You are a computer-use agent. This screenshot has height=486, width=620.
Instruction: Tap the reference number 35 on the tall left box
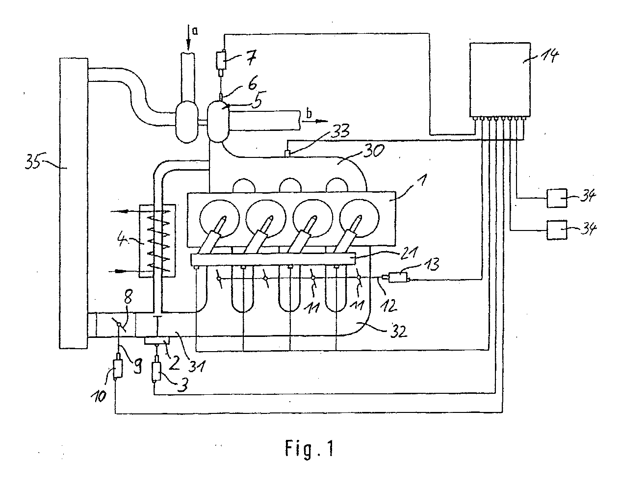point(32,161)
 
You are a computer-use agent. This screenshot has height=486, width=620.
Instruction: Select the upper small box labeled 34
point(557,198)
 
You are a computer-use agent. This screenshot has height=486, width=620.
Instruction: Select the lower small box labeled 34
point(557,230)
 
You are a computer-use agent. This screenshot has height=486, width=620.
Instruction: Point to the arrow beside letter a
point(188,38)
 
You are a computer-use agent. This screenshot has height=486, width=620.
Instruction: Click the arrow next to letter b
point(315,121)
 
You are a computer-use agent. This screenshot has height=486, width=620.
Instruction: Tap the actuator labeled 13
point(396,278)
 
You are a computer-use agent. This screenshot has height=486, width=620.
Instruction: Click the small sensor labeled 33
point(287,153)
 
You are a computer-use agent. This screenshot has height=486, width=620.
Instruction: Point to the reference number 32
point(398,331)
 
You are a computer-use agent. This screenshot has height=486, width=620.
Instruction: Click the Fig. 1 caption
point(310,448)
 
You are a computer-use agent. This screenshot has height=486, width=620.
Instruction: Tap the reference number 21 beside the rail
point(409,252)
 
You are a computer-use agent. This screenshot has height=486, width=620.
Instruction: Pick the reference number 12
point(389,305)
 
